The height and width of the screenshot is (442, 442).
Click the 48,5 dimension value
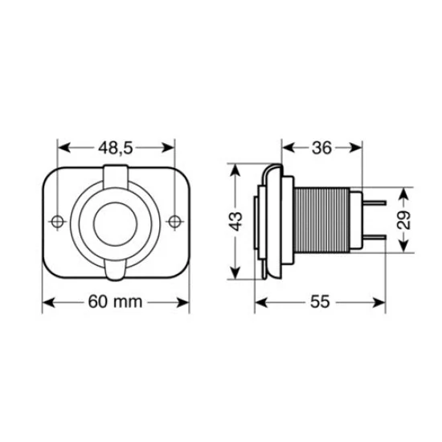[117, 148]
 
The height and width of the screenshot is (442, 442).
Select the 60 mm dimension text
[117, 303]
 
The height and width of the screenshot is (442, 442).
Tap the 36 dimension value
[321, 148]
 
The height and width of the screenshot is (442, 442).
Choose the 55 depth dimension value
[320, 303]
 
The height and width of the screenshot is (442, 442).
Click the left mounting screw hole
[57, 221]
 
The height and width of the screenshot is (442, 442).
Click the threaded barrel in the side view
[321, 222]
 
